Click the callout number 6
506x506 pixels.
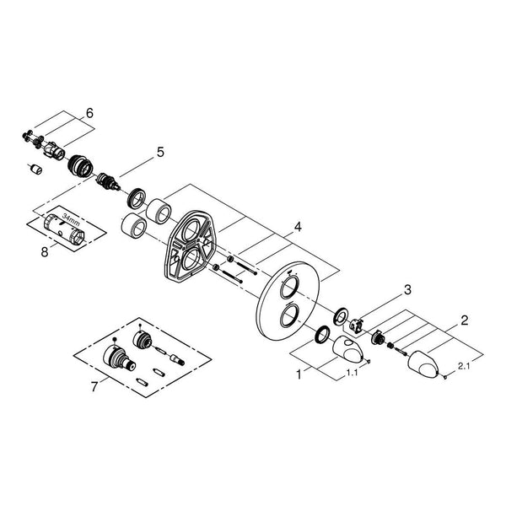click(89, 113)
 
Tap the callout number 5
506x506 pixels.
click(160, 152)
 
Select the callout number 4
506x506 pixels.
click(298, 227)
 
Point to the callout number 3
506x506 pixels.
click(408, 290)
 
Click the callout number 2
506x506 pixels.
click(464, 320)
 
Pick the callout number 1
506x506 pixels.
click(299, 374)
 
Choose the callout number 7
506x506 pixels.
click(94, 386)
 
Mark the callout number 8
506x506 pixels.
click(45, 251)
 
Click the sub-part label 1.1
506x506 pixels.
click(352, 373)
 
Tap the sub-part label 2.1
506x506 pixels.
click(463, 366)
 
